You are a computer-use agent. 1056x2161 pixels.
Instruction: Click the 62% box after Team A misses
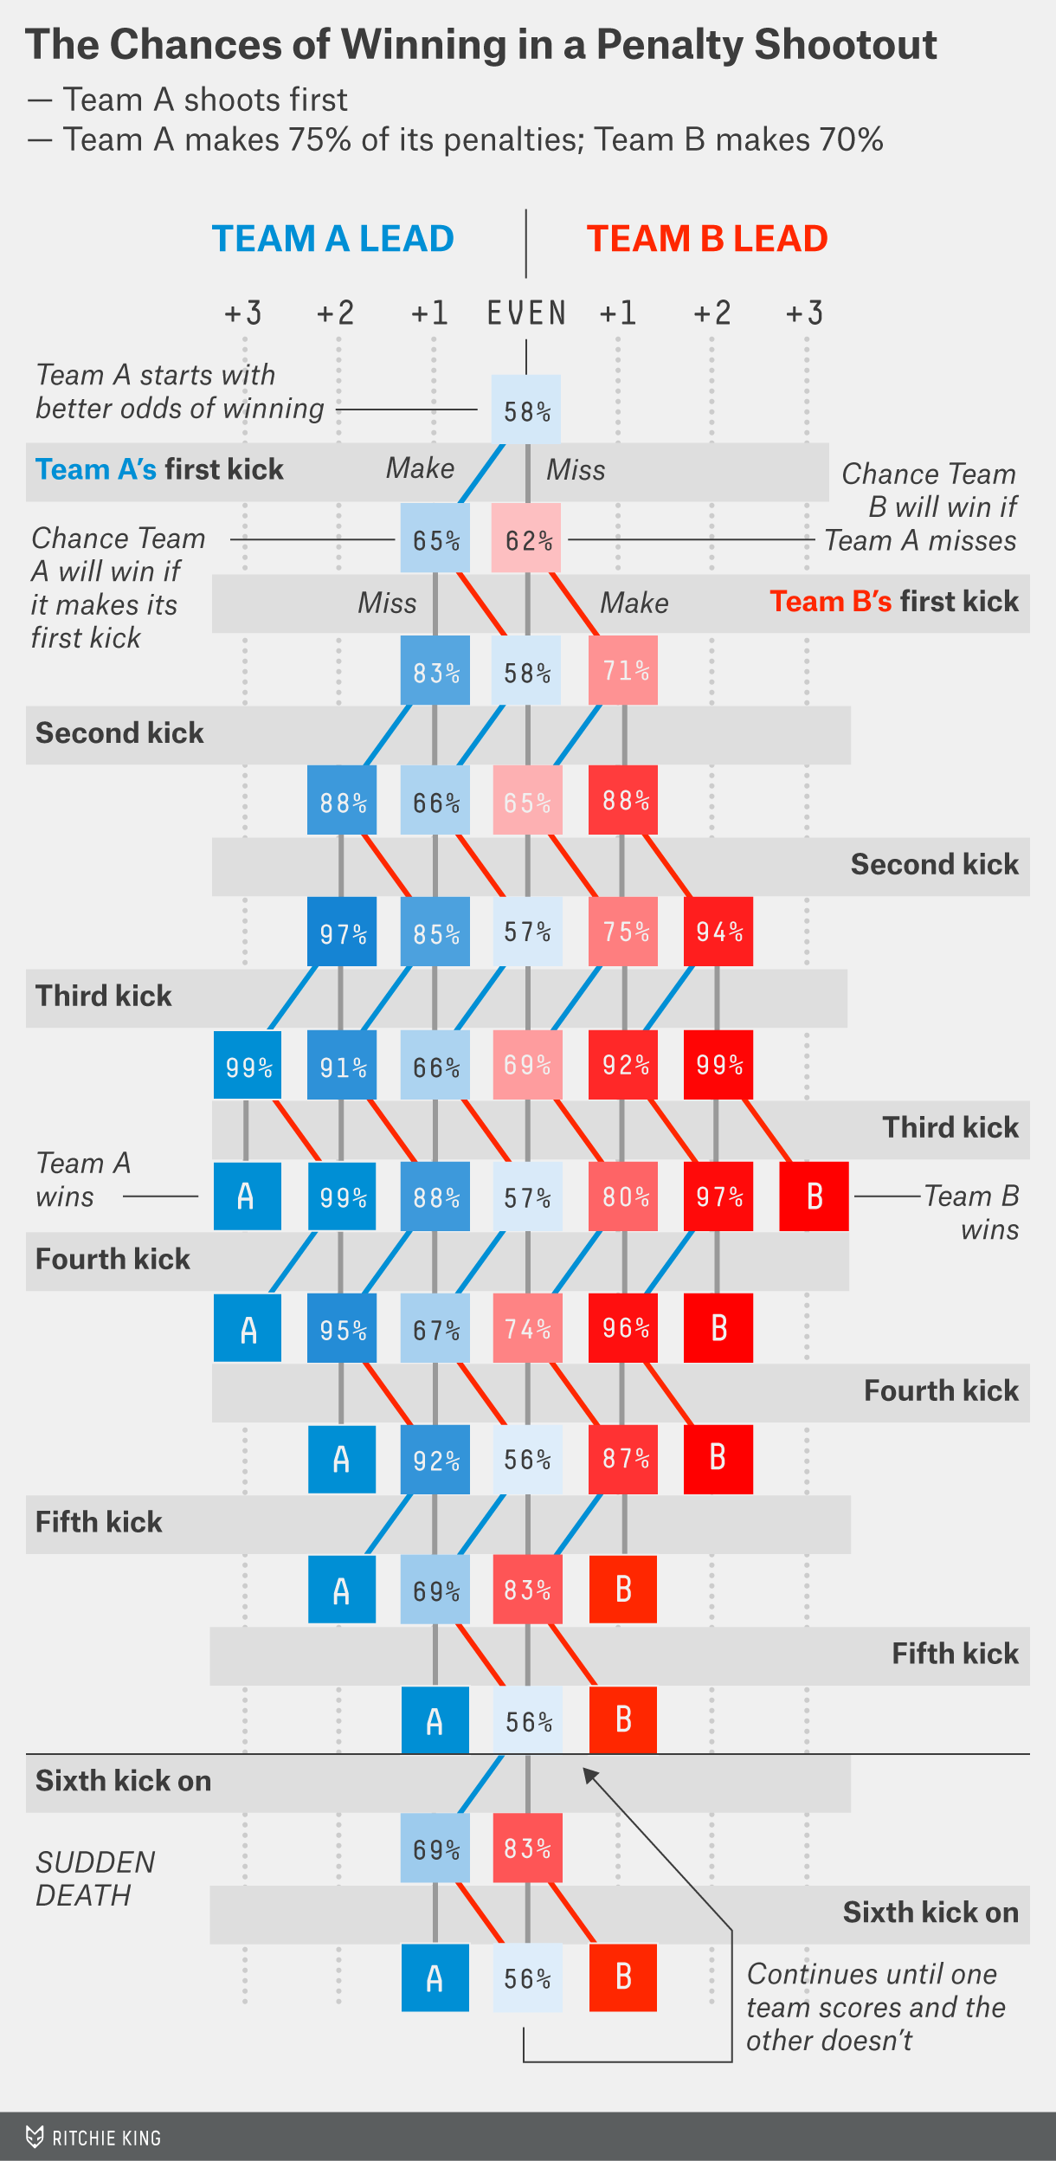tap(526, 538)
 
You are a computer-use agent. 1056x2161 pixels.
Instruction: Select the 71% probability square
tap(623, 670)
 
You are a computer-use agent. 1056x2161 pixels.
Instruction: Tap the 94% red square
tap(718, 931)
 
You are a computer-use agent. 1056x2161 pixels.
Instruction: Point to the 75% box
tap(623, 931)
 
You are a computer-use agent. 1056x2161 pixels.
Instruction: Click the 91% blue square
tap(342, 1065)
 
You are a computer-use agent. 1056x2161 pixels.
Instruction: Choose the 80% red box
tap(623, 1197)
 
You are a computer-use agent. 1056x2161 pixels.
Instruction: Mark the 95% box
tap(342, 1328)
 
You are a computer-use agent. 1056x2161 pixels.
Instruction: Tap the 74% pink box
tap(528, 1328)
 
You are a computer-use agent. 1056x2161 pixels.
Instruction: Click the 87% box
tap(623, 1460)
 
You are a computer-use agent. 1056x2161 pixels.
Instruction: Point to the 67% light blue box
tap(435, 1328)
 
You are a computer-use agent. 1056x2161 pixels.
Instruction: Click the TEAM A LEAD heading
tap(333, 238)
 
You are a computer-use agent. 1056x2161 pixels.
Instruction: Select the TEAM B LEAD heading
tap(707, 238)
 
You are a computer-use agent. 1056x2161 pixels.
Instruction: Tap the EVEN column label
tap(526, 313)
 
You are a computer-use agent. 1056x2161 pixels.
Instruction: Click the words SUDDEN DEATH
tap(95, 1879)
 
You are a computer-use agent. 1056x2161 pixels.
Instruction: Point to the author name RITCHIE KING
tap(106, 2138)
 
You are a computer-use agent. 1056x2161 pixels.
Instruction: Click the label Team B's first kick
tap(894, 601)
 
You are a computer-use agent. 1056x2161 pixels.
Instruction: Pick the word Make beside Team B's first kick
tap(634, 603)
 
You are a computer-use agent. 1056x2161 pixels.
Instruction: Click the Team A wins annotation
tap(83, 1179)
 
